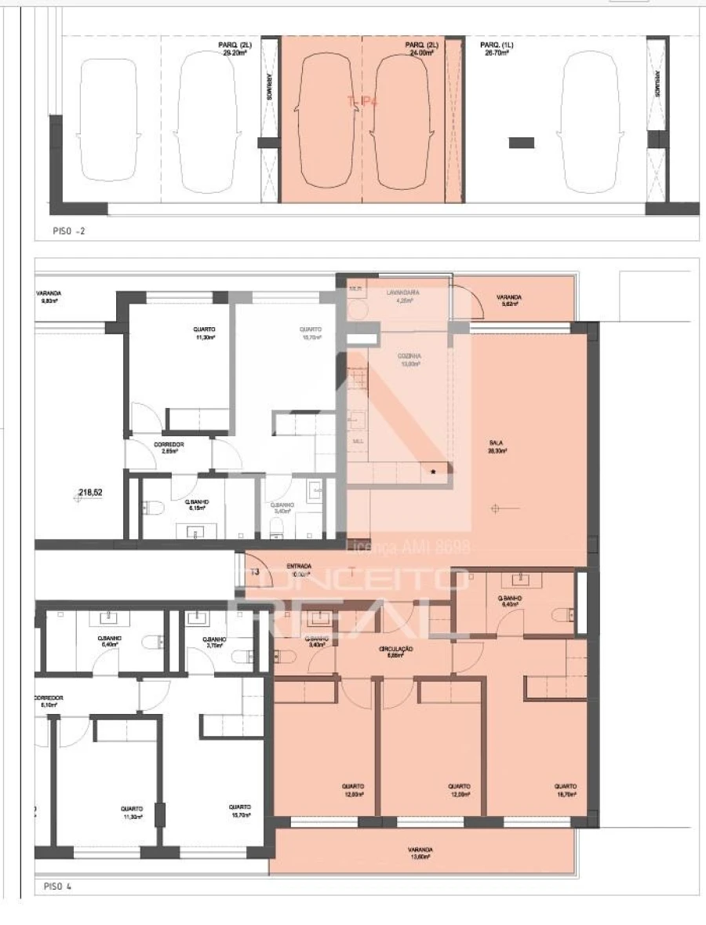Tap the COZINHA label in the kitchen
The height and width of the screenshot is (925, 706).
tap(409, 360)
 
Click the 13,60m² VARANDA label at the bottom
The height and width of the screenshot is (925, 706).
tap(420, 853)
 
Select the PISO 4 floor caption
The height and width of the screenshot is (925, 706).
tap(58, 887)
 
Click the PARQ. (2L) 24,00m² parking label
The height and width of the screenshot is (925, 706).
tap(420, 49)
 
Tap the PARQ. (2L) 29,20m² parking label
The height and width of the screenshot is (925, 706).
tap(235, 49)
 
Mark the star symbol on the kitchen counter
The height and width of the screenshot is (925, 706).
tap(432, 472)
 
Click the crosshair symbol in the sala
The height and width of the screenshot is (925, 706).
tap(495, 508)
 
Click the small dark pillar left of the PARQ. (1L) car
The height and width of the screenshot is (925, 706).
tap(521, 142)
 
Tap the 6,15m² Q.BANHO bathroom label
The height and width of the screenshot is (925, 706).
tap(196, 504)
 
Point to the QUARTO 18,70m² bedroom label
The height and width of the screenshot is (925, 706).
tap(565, 790)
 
